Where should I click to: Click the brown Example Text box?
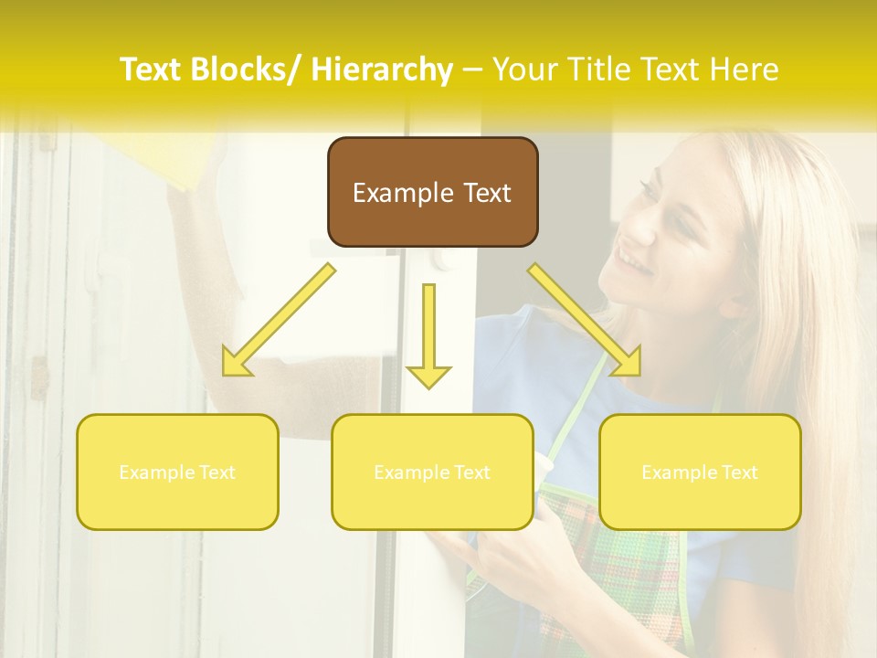coord(432,193)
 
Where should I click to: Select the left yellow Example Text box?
coord(177,472)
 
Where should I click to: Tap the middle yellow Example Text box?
coord(432,472)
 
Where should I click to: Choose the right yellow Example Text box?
coord(700,472)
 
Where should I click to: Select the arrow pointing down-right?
coord(585,320)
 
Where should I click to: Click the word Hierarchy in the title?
coord(381,69)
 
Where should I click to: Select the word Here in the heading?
coord(745,69)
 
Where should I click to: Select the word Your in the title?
coord(527,69)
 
